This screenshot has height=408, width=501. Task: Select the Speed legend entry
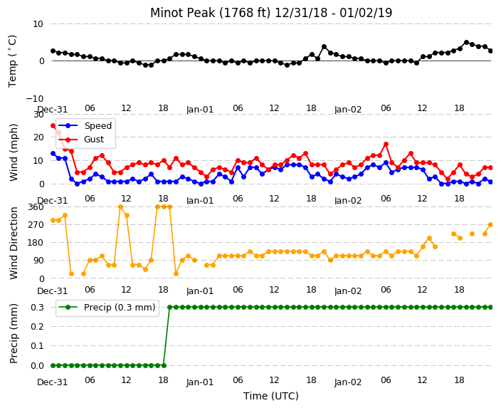[x=85, y=125]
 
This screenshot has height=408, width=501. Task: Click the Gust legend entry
[x=81, y=140]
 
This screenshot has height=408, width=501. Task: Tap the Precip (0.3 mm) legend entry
[x=107, y=308]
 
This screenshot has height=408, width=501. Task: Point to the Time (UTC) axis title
[x=271, y=396]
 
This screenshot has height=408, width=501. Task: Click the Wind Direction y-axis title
[x=14, y=243]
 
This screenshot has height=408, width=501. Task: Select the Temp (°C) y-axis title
[x=13, y=61]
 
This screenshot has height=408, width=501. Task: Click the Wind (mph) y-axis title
[x=14, y=153]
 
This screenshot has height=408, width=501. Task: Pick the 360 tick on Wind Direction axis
[x=36, y=207]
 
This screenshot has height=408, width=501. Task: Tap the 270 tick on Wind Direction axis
[x=36, y=225]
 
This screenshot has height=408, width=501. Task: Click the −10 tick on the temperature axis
[x=34, y=98]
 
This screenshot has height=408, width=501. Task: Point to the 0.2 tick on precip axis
[x=38, y=326]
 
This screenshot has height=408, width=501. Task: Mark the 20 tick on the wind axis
[x=38, y=137]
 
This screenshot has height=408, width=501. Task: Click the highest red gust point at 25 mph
[x=53, y=125]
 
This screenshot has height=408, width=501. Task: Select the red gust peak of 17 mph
[x=386, y=145]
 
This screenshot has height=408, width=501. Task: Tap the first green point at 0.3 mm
[x=170, y=308]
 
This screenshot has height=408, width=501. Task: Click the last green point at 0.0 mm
[x=164, y=365]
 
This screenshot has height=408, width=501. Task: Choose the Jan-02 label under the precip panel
[x=348, y=382]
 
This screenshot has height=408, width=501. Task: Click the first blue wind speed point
[x=53, y=154]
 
